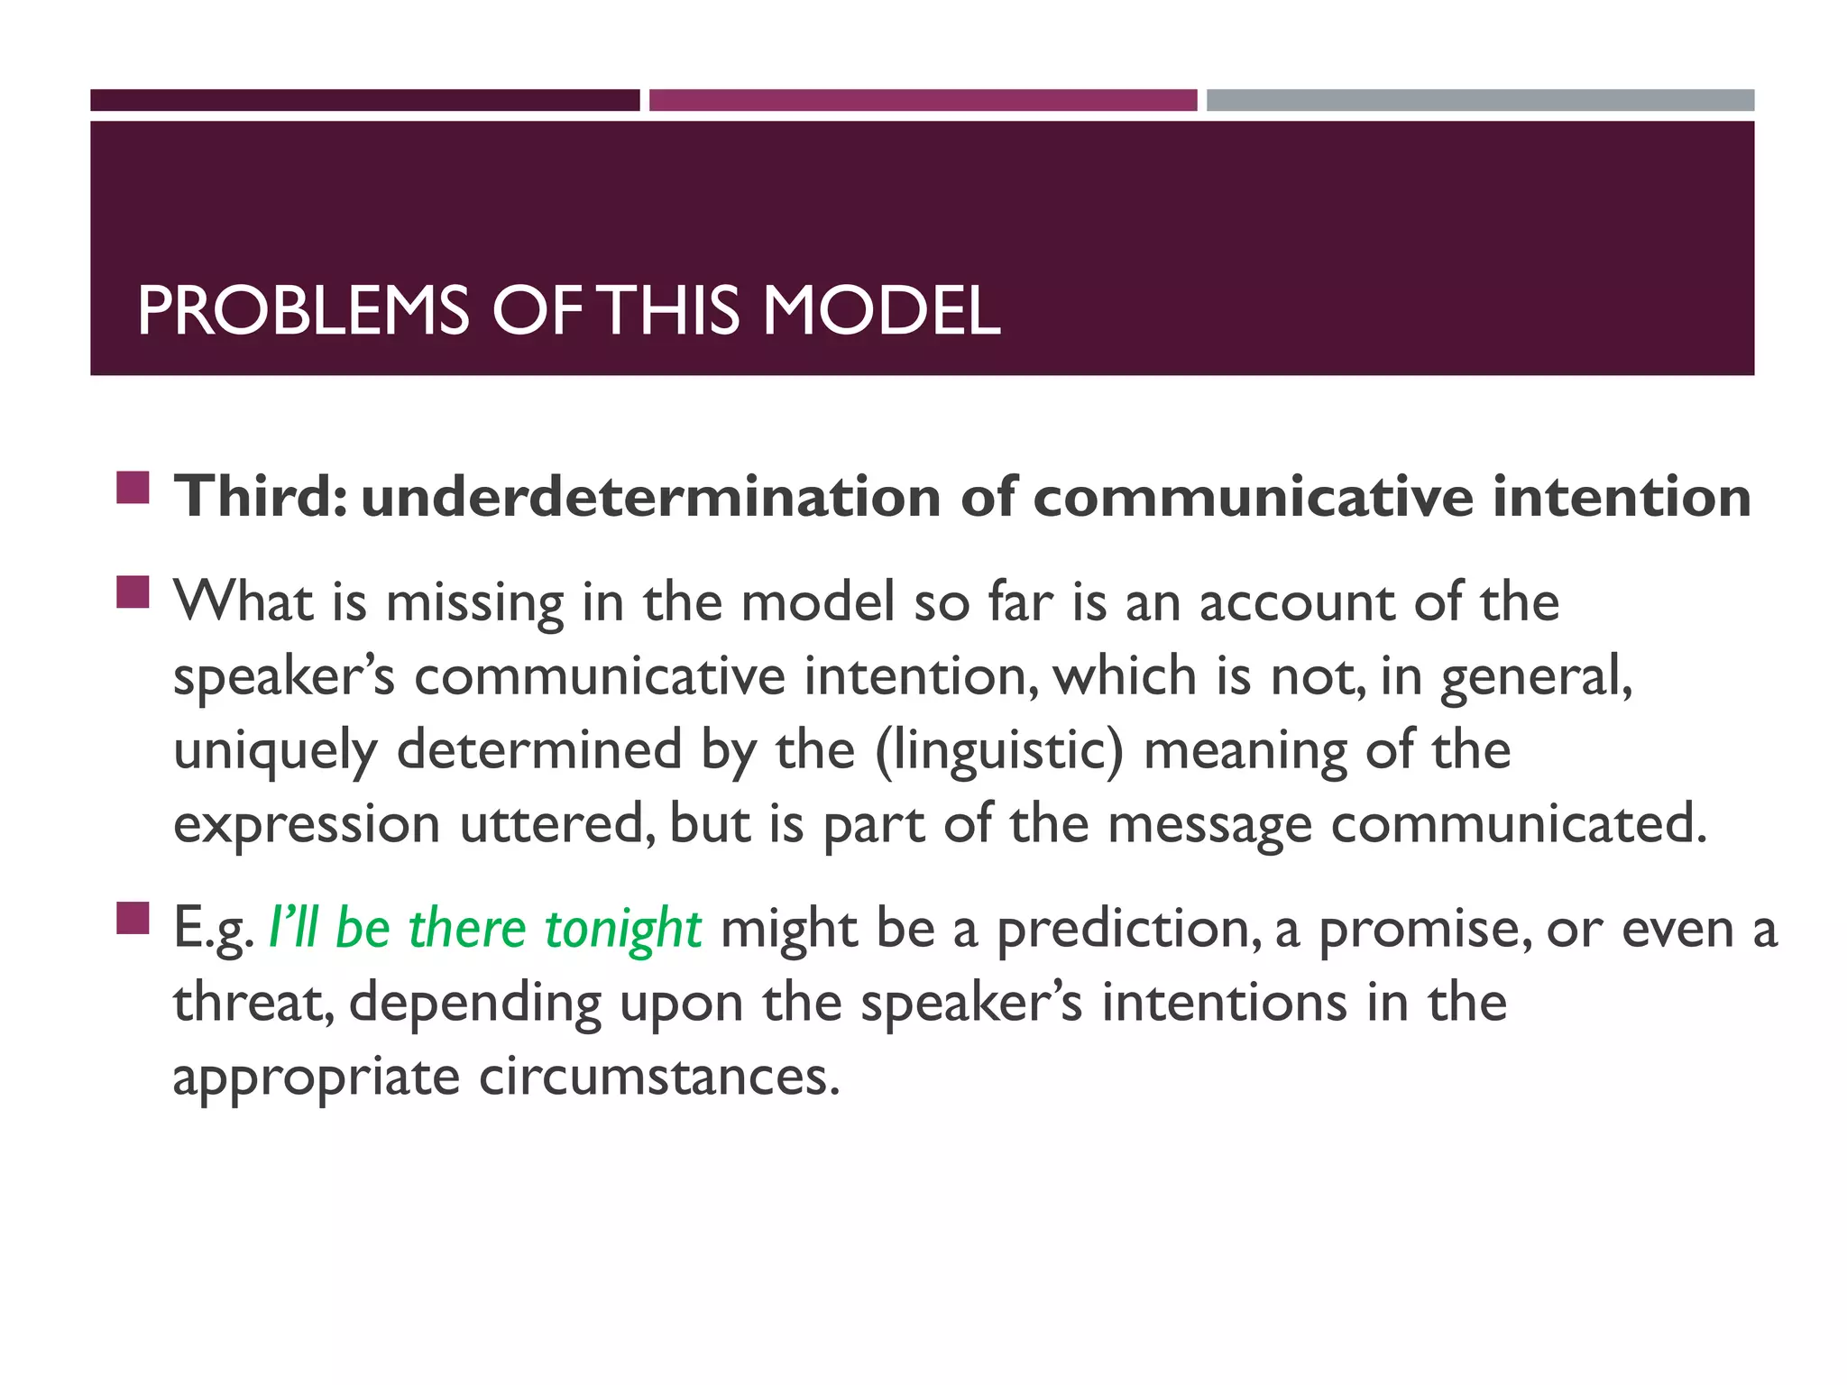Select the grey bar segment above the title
[x=1480, y=100]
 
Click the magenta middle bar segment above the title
[x=923, y=100]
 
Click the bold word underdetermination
[x=650, y=497]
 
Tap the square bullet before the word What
[x=133, y=592]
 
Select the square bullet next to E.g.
[x=133, y=919]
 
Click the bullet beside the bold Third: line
[x=133, y=488]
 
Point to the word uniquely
[x=275, y=750]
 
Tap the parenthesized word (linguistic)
[x=999, y=750]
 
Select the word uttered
[x=557, y=824]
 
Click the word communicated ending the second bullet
[x=1519, y=824]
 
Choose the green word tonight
[x=622, y=929]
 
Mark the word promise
[x=1425, y=929]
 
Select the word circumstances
[x=659, y=1077]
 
